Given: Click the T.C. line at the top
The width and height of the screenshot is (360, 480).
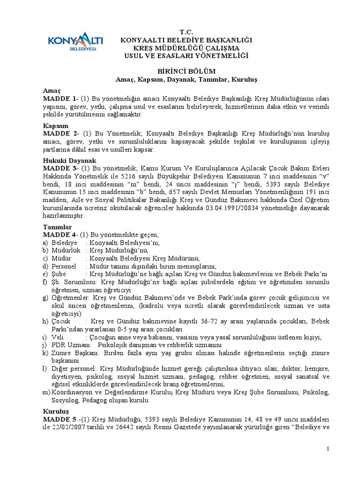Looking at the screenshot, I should (x=187, y=33).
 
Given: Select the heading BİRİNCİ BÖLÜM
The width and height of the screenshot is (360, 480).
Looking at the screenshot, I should (x=187, y=71).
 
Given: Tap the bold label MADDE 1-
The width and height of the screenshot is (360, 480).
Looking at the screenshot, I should (x=60, y=99).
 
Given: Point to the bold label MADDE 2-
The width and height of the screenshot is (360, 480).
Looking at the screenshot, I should (x=60, y=135).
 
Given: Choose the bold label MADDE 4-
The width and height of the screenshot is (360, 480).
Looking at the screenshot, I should (x=60, y=235).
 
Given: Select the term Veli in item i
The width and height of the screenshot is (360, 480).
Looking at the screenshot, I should (x=57, y=337).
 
